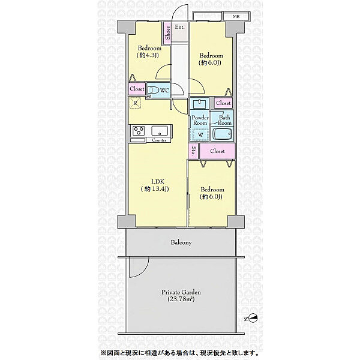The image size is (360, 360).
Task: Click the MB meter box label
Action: [236, 17]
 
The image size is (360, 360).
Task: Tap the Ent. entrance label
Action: [180, 27]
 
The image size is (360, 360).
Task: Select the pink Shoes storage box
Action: [167, 33]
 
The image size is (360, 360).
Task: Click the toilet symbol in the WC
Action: [153, 90]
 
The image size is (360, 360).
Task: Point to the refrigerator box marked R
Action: [135, 103]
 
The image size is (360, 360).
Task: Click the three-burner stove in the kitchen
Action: [138, 131]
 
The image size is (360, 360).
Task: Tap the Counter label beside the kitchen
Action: [159, 140]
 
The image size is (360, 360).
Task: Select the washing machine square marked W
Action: [200, 135]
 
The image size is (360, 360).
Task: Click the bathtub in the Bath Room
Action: [223, 134]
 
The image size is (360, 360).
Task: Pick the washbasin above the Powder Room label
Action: [200, 104]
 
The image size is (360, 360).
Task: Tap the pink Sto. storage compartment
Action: [193, 151]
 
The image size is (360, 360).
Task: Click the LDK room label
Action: [158, 182]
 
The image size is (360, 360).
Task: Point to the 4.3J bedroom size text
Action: [148, 55]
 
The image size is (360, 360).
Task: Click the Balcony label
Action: [181, 242]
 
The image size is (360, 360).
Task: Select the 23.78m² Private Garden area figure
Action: [181, 299]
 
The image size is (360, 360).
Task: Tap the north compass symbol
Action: [251, 319]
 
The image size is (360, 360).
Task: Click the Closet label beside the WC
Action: [137, 89]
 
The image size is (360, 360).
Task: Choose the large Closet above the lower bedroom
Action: [217, 151]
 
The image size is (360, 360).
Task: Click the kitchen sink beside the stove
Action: [160, 131]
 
